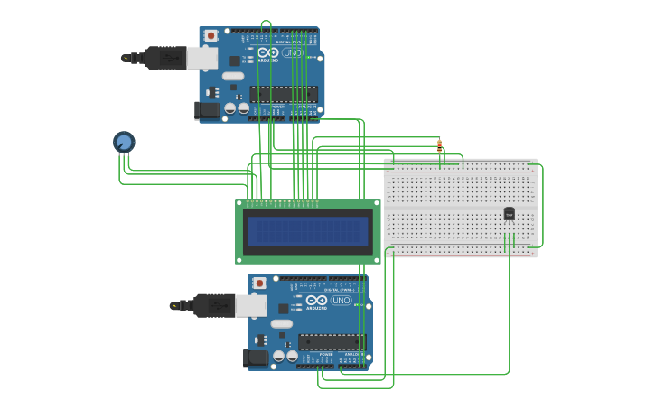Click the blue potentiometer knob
coord(124,142)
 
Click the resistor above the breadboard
coord(439,145)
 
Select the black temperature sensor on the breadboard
coord(509,214)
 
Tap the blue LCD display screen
coord(308,231)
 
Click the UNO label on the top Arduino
coord(292,52)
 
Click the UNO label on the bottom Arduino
coord(341,301)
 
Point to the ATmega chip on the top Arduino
coord(284,94)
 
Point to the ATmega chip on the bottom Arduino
coord(332,342)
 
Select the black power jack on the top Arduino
coord(208,110)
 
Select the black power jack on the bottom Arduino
coord(257,358)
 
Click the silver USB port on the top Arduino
coord(202,59)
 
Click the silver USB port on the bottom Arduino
coord(251,307)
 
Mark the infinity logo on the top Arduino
coord(268,52)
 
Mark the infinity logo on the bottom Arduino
coord(317,301)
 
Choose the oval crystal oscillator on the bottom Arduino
coord(282,323)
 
